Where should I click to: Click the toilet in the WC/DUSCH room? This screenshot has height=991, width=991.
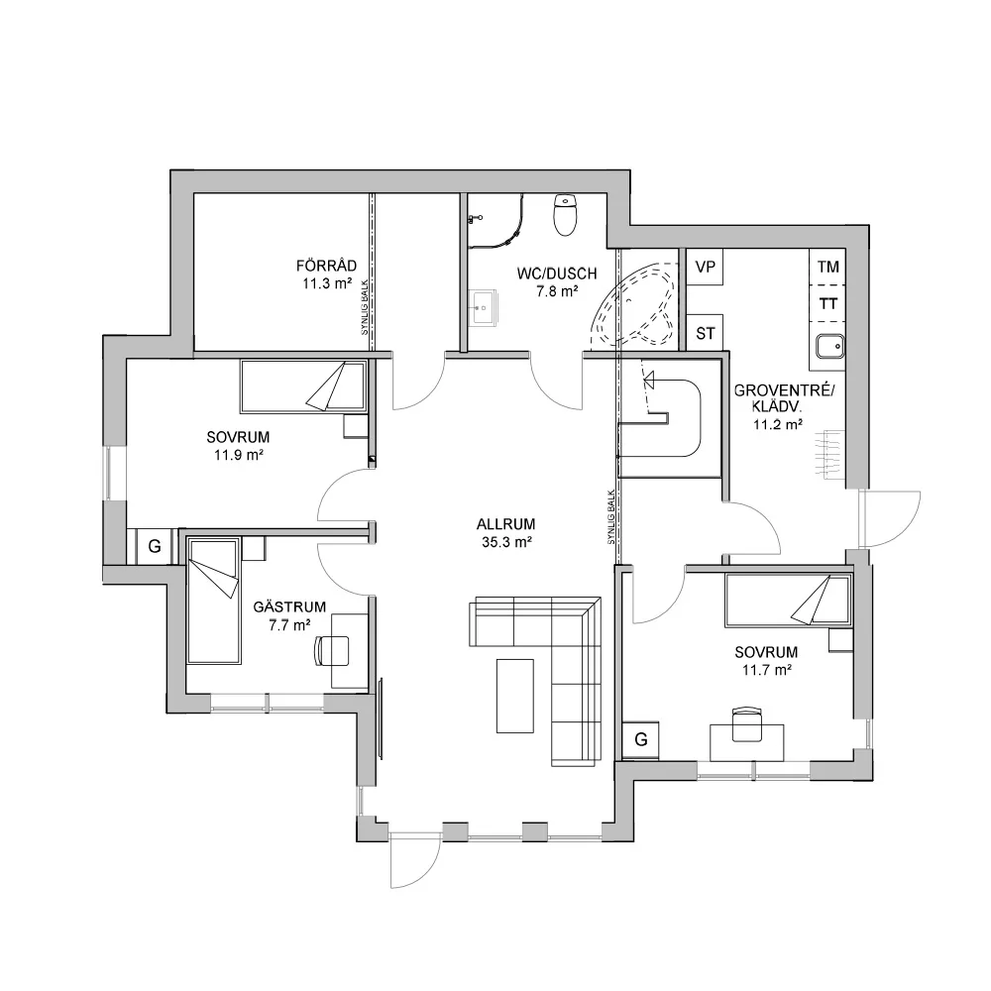coord(566,215)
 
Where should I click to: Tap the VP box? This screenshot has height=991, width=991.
coord(706,268)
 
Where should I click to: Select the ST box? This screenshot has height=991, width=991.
coord(706,333)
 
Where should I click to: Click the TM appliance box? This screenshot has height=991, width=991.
coord(827,267)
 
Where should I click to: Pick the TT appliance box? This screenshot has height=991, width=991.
coord(827,304)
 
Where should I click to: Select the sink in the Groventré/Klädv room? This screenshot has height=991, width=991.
coord(828,346)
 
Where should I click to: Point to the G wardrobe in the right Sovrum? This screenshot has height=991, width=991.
coord(640,739)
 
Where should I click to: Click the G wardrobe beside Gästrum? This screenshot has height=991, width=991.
coord(154,545)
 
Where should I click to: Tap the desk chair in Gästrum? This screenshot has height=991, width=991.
coord(333,649)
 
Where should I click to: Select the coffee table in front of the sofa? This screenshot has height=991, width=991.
coord(514,695)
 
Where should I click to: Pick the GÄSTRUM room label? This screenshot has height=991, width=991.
coord(289,607)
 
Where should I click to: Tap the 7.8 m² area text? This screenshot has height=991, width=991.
coord(543,291)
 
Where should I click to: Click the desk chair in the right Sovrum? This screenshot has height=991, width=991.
coord(745,723)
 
